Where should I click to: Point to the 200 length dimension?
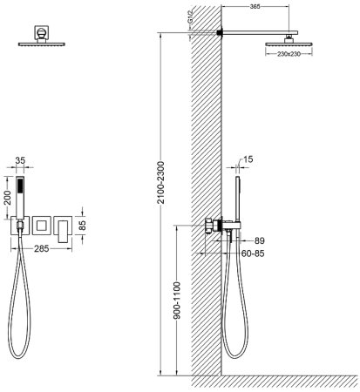pos(8,199)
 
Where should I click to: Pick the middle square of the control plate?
pos(41,226)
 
